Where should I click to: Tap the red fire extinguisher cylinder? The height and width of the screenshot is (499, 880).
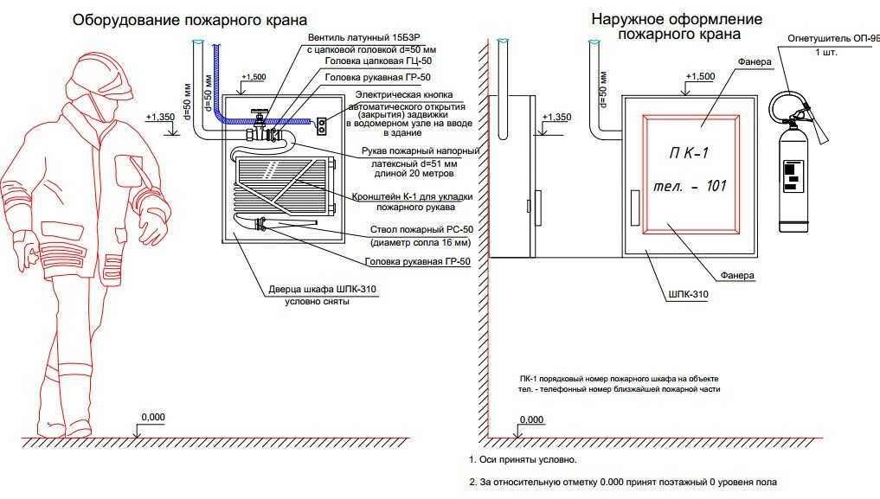pyautogui.click(x=793, y=182)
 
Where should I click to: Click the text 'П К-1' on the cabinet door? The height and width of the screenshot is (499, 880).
pyautogui.click(x=689, y=154)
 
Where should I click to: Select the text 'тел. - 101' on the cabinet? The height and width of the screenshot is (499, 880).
pyautogui.click(x=690, y=186)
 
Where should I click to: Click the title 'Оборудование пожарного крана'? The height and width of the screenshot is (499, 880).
pyautogui.click(x=190, y=19)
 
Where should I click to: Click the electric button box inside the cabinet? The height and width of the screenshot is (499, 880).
pyautogui.click(x=322, y=126)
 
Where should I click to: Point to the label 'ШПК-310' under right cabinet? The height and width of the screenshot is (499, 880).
pyautogui.click(x=689, y=295)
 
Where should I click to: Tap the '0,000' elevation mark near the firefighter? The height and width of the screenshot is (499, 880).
pyautogui.click(x=152, y=418)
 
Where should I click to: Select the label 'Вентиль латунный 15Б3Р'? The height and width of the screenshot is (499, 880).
pyautogui.click(x=377, y=39)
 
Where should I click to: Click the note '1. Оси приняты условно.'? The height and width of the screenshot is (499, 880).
pyautogui.click(x=523, y=459)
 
